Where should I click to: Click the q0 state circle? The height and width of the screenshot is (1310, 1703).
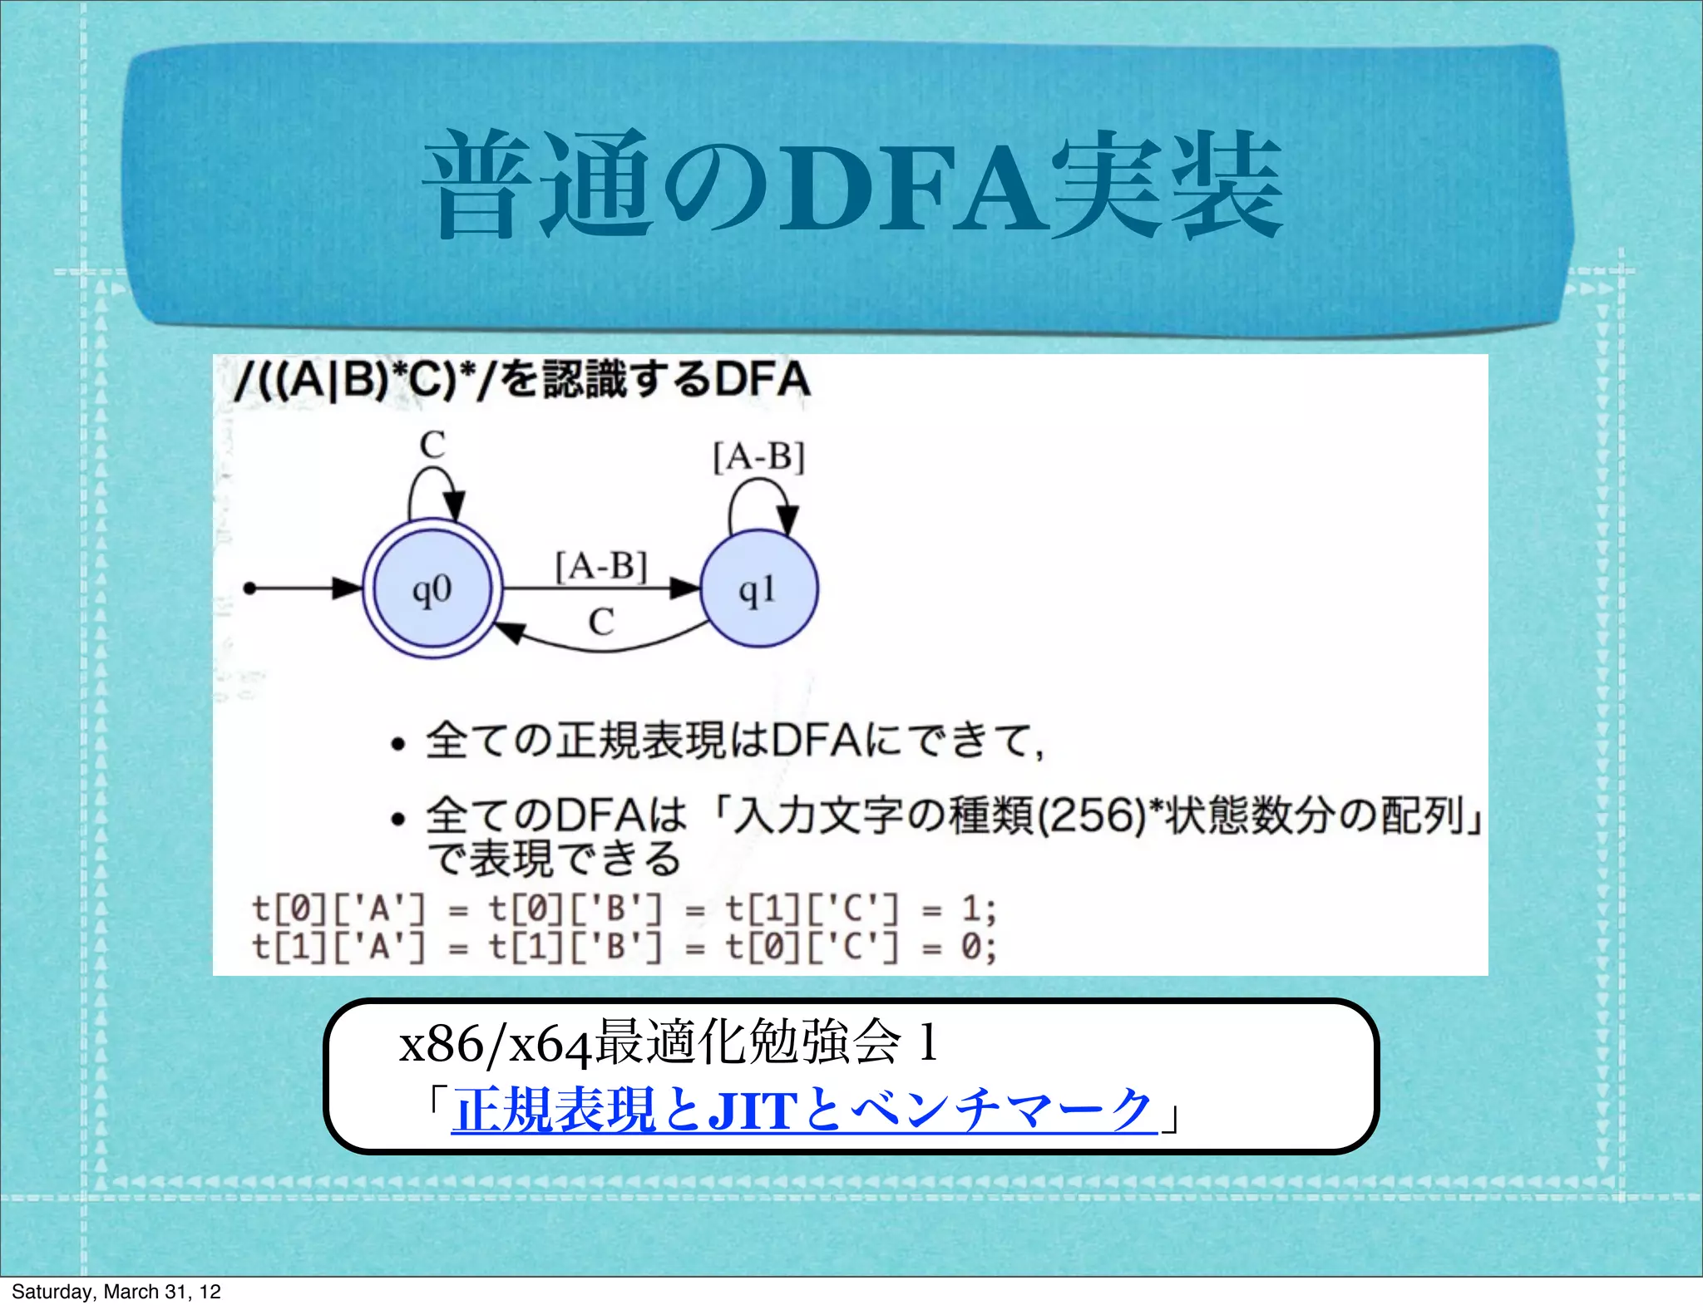point(432,589)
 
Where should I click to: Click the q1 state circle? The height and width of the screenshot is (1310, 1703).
point(758,589)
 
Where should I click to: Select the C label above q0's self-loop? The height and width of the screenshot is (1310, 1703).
point(432,446)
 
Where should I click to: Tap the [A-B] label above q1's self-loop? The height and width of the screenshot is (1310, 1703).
point(759,457)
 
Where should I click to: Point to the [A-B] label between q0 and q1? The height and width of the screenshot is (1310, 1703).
point(601,568)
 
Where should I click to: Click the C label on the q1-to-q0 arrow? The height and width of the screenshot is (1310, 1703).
point(601,622)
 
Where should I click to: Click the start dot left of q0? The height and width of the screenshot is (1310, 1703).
point(249,589)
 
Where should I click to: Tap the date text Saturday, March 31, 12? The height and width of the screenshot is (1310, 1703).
point(116,1291)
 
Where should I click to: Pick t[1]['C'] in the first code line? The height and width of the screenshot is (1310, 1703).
point(812,909)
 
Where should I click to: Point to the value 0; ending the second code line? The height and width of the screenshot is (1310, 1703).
point(978,947)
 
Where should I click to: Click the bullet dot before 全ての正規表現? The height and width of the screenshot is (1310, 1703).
point(398,744)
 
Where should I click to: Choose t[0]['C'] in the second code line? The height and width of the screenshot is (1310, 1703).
point(812,947)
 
